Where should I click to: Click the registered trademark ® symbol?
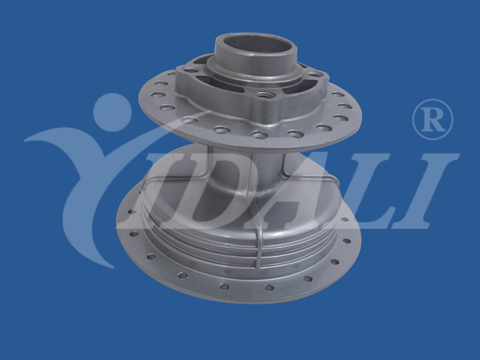pos(433,119)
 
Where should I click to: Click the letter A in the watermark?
pos(294,193)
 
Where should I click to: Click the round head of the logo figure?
pos(112,112)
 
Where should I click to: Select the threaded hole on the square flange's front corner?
pos(263,94)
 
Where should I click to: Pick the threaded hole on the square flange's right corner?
pos(314,74)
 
